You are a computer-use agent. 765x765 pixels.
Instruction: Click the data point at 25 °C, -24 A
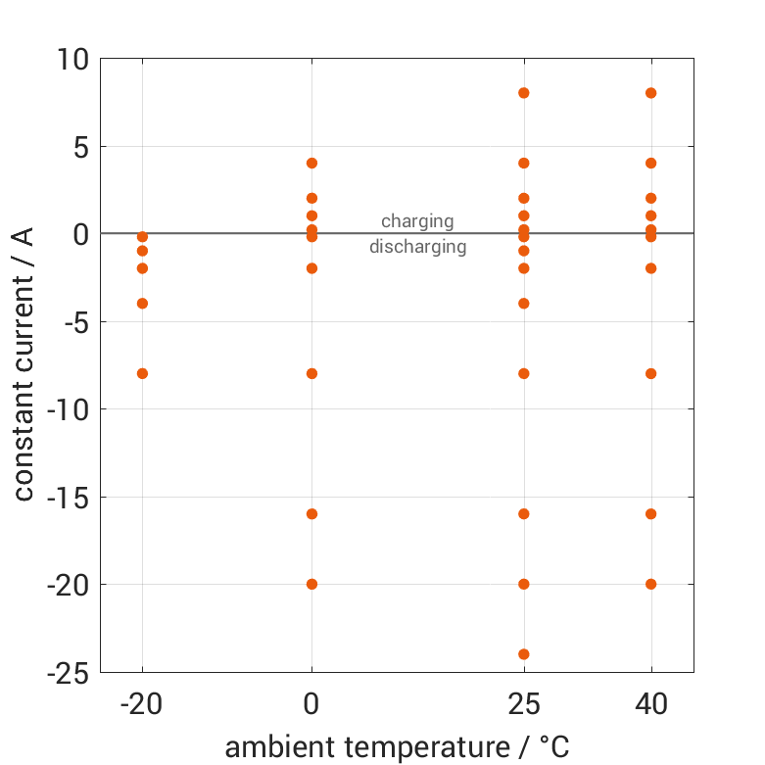tap(524, 654)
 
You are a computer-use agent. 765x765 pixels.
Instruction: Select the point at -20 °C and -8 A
tap(142, 373)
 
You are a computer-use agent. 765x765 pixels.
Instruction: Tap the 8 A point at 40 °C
tap(650, 93)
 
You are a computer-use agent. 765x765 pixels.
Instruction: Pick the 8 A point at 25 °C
tap(524, 93)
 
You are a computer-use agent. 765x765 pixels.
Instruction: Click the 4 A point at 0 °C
tap(311, 164)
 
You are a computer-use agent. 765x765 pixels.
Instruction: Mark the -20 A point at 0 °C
tap(311, 584)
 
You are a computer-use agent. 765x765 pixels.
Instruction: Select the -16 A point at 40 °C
tap(650, 514)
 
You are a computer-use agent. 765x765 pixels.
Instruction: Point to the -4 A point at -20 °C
tap(142, 304)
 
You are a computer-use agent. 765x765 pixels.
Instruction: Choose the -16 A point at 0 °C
tap(311, 514)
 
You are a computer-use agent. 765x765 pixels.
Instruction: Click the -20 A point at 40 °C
tap(650, 584)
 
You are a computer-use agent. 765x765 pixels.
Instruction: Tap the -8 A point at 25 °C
tap(524, 373)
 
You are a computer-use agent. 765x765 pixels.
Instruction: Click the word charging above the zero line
tap(417, 221)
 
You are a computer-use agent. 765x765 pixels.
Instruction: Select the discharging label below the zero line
tap(417, 247)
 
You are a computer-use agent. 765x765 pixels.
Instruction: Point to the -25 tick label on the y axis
tap(68, 673)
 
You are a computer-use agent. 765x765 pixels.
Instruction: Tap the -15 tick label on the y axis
tap(68, 498)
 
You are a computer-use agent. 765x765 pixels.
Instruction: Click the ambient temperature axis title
tap(397, 747)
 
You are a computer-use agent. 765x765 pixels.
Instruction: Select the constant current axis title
tap(24, 362)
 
